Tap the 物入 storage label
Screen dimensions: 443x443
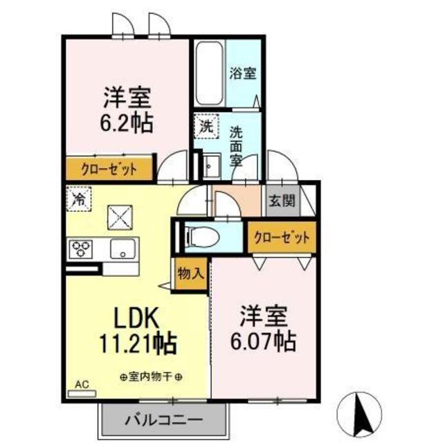click(x=190, y=273)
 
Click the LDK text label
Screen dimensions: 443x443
click(x=137, y=318)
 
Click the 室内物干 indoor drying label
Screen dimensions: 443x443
click(x=151, y=377)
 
